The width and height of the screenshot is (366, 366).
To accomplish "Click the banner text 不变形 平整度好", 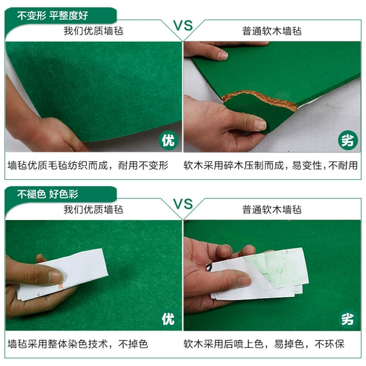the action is (x=52, y=16).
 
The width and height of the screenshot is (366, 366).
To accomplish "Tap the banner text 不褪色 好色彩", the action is (x=48, y=194).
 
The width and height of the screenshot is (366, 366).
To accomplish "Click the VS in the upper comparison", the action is (x=183, y=25).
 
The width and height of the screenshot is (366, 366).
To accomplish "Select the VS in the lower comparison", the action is (x=183, y=204).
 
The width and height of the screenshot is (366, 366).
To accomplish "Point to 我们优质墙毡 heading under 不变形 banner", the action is (x=93, y=31).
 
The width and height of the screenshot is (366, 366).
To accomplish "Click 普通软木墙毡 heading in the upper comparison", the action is (x=271, y=31).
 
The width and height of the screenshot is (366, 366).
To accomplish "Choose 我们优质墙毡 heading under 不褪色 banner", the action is (x=93, y=209).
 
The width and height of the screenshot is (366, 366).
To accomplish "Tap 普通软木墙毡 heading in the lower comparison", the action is (x=271, y=209).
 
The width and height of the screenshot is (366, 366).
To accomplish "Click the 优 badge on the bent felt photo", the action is (x=168, y=140).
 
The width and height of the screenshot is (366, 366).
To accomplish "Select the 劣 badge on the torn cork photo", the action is (x=348, y=140).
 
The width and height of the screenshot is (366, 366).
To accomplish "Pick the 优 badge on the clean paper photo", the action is (x=168, y=319).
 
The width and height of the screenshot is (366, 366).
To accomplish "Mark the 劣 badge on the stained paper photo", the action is (x=348, y=319).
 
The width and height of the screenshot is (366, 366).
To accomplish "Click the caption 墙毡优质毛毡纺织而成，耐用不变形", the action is (x=88, y=165).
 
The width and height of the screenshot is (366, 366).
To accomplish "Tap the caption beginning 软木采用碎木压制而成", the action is (x=270, y=165).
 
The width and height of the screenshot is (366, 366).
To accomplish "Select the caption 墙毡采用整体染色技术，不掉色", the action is (x=78, y=344).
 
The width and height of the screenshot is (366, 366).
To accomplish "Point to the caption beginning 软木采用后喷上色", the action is (x=264, y=344).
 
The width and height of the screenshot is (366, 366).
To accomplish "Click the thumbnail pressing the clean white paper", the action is (x=55, y=277).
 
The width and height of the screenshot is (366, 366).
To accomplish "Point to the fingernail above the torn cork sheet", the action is (x=222, y=56).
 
